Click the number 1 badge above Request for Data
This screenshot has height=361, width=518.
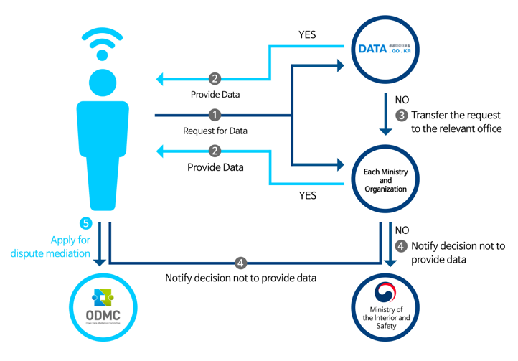pos(214,115)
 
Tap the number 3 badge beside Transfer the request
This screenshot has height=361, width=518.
pos(402,115)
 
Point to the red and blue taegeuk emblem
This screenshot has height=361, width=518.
pos(386,292)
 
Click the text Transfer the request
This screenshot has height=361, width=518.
pos(455,115)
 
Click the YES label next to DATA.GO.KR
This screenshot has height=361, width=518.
pos(307,34)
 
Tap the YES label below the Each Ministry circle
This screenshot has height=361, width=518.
pos(307,195)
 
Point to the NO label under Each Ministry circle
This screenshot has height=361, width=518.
pos(402,230)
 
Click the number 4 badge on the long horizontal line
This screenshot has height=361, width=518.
pos(241,262)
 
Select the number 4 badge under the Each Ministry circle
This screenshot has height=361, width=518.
pos(401,246)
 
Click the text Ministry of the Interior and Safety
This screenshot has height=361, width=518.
pos(386,317)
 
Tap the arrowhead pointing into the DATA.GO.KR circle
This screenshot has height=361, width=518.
pos(339,65)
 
